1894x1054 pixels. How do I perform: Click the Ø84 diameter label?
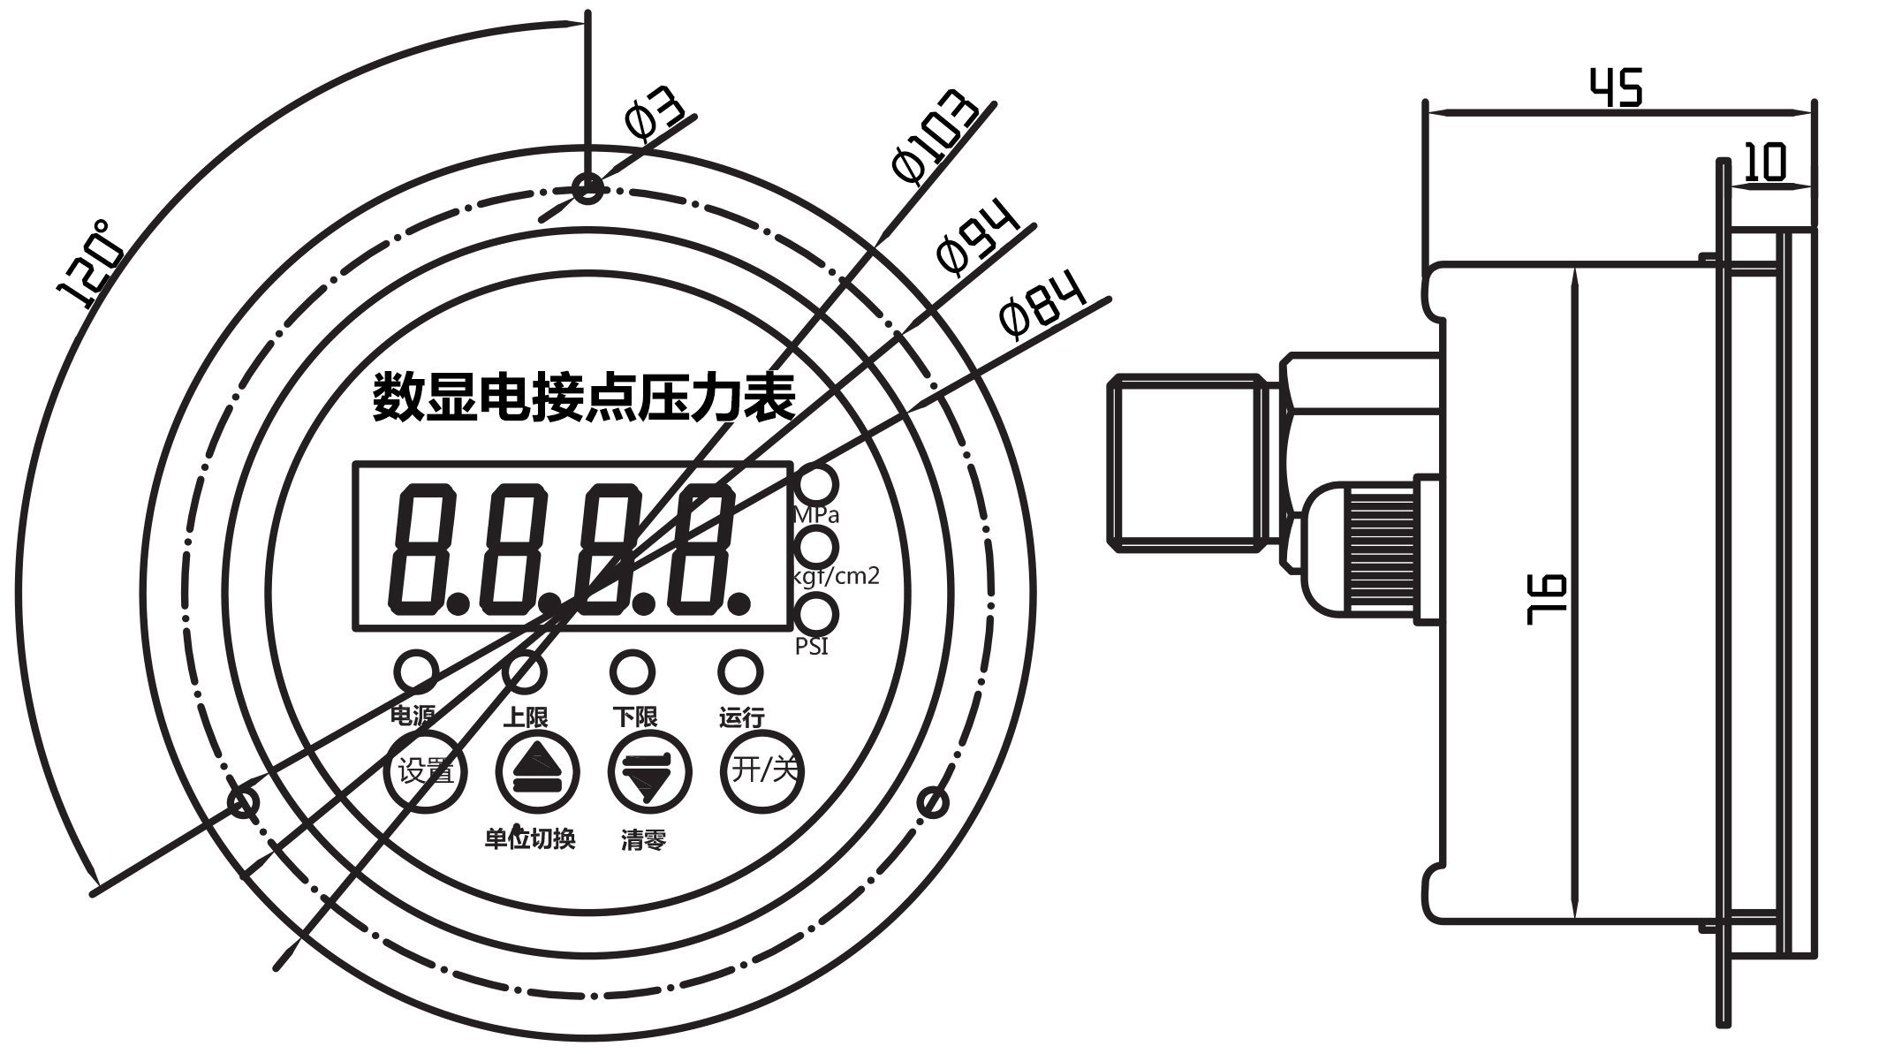1042,308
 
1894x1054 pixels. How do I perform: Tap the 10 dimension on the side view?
1768,163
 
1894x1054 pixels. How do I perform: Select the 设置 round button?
426,771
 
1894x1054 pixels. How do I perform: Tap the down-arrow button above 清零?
649,771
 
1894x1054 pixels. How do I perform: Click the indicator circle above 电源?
415,672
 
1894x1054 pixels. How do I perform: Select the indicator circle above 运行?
740,672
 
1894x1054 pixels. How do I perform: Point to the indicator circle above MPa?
817,484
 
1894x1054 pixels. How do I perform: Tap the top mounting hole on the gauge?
587,187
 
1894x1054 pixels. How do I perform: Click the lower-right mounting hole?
933,803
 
